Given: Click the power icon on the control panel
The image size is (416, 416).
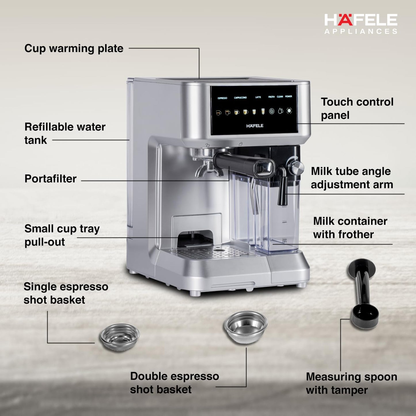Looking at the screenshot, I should coord(289,111).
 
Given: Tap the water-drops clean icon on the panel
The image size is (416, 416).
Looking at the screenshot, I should coord(280,111).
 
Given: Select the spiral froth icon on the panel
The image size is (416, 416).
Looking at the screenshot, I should coord(271,111).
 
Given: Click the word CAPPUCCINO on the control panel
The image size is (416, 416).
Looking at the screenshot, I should coord(240,98).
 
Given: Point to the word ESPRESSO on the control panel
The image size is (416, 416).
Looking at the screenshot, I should coord(222,98).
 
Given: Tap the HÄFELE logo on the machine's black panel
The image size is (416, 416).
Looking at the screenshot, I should coord(255,126).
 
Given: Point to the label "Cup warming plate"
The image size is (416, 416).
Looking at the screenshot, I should coord(74,48).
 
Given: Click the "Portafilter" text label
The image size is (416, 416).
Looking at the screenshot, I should coord(50,178).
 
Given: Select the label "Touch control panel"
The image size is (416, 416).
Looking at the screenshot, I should coord(357,109).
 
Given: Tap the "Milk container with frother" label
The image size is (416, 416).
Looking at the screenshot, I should coord(350,228).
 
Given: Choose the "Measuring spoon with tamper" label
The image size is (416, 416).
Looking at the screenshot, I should coord(351,383).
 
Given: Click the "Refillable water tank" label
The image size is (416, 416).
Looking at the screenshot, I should coord(65,133).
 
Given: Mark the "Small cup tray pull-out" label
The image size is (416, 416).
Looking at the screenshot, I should coord(62,235).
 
